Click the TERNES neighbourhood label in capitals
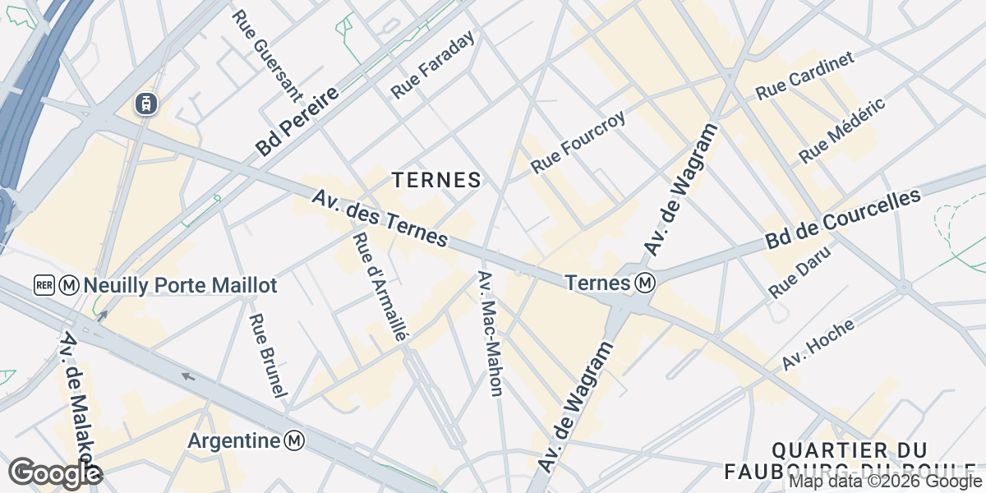pos(435,180)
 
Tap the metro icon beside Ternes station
pos(646,283)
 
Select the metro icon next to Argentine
pos(294,441)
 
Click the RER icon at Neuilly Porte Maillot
pos(44,285)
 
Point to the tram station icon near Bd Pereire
pos(145,104)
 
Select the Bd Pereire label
pos(297,123)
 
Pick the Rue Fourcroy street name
pos(578,141)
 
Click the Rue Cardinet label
pos(805,75)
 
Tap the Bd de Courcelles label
pos(843,219)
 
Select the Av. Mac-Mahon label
pos(490,333)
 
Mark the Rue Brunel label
pos(269,356)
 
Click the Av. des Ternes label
pos(380,219)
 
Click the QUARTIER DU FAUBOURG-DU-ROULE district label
pos(850,461)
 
